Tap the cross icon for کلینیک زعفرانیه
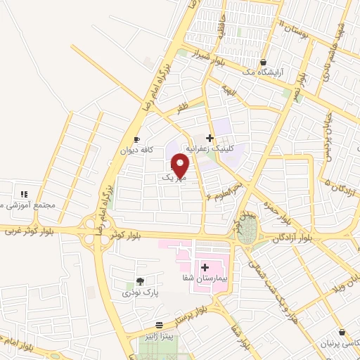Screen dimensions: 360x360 coord(210,137)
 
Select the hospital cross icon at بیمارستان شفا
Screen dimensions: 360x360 coord(205,266)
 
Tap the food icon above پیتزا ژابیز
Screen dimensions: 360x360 coord(160,325)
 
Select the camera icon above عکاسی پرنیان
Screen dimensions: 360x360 coord(342,332)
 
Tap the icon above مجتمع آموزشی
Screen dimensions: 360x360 coord(23,193)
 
